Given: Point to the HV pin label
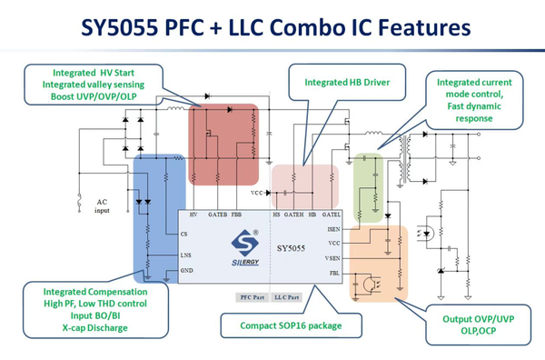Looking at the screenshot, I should (x=193, y=215).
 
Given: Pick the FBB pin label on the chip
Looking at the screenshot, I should (x=237, y=215).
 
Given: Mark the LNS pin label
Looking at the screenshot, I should (x=185, y=256).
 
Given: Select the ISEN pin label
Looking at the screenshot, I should (x=333, y=229).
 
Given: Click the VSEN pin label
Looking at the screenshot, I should (x=333, y=258).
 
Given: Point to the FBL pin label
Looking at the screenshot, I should (x=334, y=273).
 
